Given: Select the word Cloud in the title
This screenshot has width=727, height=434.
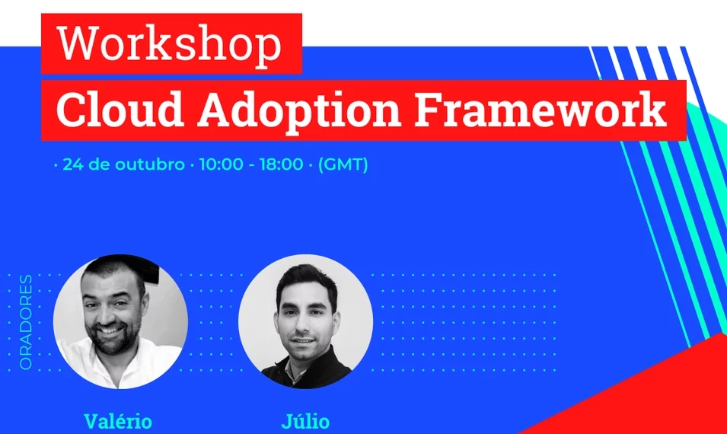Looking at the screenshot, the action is tap(120, 110).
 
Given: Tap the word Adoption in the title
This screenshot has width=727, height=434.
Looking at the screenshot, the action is tap(299, 111).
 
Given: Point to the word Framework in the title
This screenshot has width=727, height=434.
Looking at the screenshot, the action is tap(541, 110).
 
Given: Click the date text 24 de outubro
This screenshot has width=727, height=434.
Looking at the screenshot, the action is tap(123, 164).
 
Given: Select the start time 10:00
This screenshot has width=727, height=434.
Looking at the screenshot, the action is tap(222, 164).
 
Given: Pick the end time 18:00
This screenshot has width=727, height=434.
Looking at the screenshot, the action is tap(282, 164).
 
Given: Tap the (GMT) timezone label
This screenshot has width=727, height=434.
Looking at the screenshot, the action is tap(343, 164).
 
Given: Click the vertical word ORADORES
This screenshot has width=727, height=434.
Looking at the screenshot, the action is tap(26, 322).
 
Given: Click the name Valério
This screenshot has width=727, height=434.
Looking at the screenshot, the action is tap(118, 422).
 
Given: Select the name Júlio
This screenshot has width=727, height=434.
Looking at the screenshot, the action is tap(305, 422).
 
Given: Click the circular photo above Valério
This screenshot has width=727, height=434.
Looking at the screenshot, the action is tap(120, 322).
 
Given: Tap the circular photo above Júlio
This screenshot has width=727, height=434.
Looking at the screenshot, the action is tap(305, 322).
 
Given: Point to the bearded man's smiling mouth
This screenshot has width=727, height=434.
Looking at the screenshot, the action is tap(110, 330).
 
